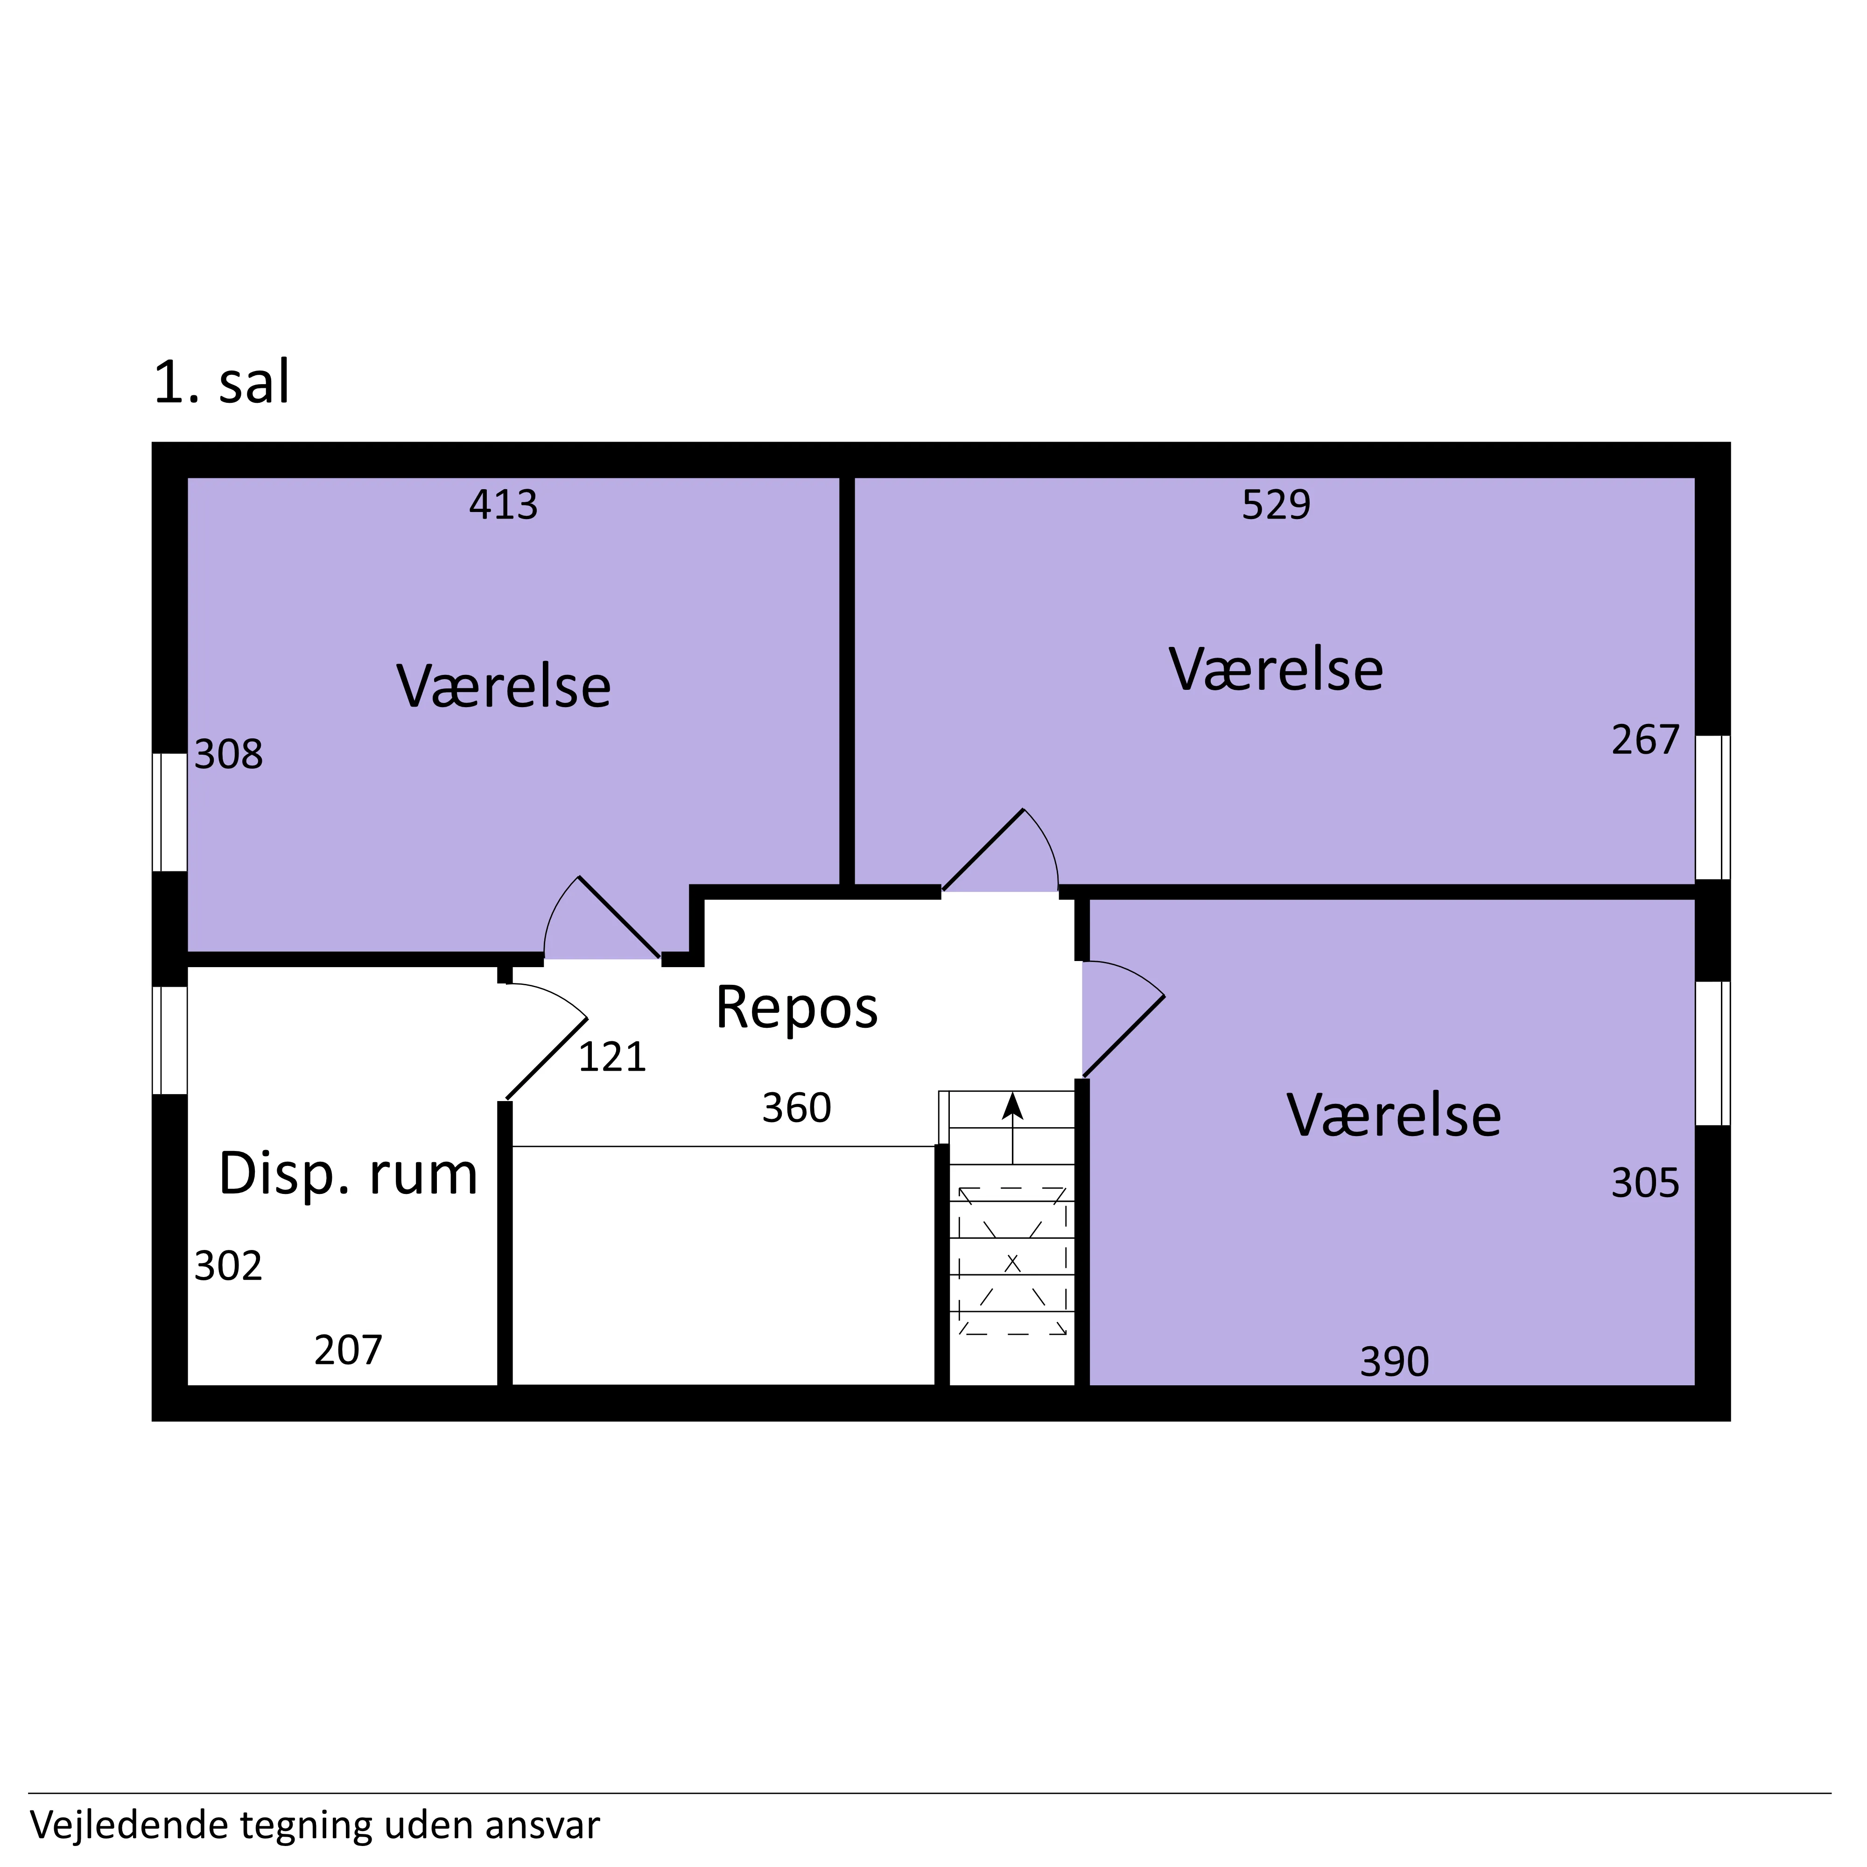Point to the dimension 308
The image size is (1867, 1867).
[x=229, y=755]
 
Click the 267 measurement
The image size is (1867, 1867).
[x=1646, y=740]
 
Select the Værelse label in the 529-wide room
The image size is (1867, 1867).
[x=1277, y=670]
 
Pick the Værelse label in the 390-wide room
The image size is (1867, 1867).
[x=1395, y=1116]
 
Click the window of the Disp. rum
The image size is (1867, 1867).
[x=170, y=1041]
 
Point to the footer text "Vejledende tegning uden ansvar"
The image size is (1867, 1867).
[x=315, y=1825]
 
